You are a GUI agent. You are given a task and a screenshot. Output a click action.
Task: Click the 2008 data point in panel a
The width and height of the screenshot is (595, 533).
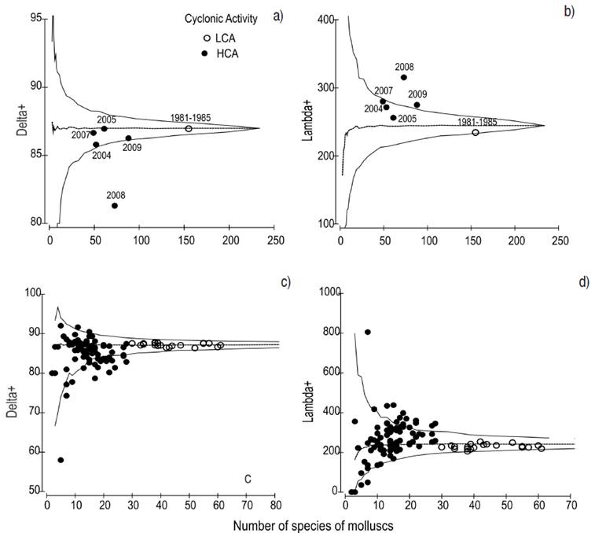tap(115, 206)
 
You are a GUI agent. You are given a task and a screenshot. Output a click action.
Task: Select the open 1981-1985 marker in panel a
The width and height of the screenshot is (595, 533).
tap(189, 128)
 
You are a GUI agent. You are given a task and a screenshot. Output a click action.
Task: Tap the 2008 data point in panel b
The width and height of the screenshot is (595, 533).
tap(404, 77)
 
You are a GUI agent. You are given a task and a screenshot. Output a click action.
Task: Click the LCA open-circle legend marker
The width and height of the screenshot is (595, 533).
tap(207, 38)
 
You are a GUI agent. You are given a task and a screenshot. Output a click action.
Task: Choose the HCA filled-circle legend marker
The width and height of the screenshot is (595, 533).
tap(207, 53)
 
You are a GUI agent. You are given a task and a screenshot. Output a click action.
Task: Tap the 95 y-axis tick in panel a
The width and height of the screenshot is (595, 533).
tap(38, 17)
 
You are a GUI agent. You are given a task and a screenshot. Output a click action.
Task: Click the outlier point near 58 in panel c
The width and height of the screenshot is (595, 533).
tap(61, 460)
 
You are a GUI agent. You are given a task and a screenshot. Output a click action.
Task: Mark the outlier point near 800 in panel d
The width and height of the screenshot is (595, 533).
tap(368, 333)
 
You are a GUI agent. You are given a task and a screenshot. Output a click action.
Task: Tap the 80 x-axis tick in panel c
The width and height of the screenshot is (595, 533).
tap(276, 505)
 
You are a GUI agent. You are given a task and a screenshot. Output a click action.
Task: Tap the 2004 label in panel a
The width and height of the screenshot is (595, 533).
tap(101, 155)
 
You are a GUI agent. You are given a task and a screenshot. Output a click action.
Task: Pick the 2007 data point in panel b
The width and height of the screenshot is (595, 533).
tap(383, 101)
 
